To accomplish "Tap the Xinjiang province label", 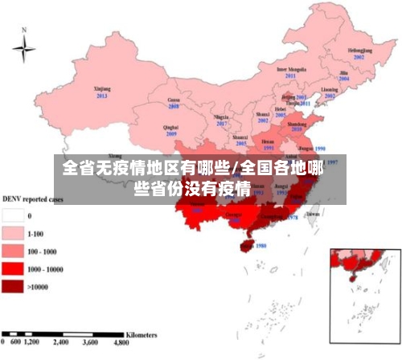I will pyautogui.click(x=102, y=88).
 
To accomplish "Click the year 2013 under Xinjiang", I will pyautogui.click(x=102, y=96).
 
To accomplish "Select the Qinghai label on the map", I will pyautogui.click(x=170, y=127).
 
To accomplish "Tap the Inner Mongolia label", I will pyautogui.click(x=293, y=70).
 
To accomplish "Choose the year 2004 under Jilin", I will pyautogui.click(x=343, y=80).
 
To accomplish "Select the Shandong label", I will pyautogui.click(x=297, y=122).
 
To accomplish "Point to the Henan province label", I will pyautogui.click(x=269, y=141).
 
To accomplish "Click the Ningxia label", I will pyautogui.click(x=221, y=117).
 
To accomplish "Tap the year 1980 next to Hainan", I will pyautogui.click(x=260, y=246).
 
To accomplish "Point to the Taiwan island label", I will pyautogui.click(x=313, y=215).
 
